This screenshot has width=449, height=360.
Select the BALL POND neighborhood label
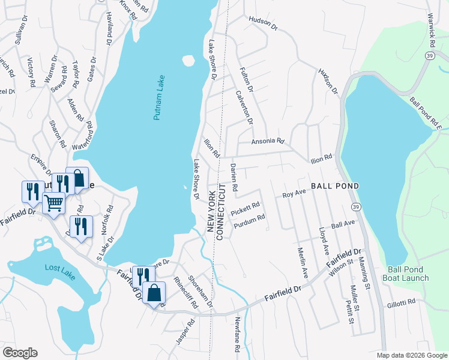click(334, 186)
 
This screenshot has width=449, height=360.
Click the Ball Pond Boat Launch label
click(408, 274)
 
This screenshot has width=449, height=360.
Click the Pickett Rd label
click(246, 208)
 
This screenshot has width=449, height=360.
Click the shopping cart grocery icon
click(54, 203)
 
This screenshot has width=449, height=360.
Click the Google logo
click(20, 352)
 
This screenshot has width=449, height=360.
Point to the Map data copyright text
click(412, 355)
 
